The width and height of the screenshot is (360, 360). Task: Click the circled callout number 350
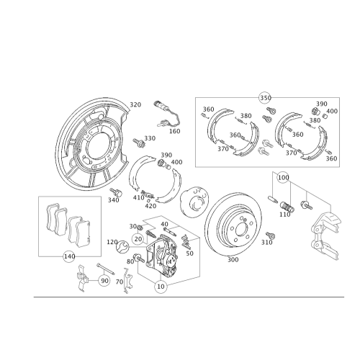(266, 98)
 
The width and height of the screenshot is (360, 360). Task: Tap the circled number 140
(69, 256)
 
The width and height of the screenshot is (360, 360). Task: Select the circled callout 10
(161, 287)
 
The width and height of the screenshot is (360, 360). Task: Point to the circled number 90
(104, 281)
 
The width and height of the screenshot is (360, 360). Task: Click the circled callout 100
(283, 178)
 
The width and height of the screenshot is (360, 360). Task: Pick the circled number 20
(138, 239)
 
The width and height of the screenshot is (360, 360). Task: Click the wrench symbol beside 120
(122, 247)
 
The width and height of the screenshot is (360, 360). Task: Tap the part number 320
(135, 104)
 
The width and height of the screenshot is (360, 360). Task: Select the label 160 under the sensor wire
(175, 131)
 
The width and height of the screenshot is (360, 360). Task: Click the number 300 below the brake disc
(233, 259)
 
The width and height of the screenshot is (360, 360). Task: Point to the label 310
(267, 243)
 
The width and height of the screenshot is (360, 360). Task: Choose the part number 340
(114, 199)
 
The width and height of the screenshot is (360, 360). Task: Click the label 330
(150, 138)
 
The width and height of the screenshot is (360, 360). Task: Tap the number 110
(285, 215)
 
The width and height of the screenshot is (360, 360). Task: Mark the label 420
(150, 206)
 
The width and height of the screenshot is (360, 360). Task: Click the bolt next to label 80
(138, 258)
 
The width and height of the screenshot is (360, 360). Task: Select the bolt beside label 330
(139, 143)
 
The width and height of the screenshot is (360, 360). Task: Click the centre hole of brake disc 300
(241, 230)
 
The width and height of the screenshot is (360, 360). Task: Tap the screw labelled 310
(271, 235)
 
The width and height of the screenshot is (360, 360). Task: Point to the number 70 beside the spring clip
(120, 282)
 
